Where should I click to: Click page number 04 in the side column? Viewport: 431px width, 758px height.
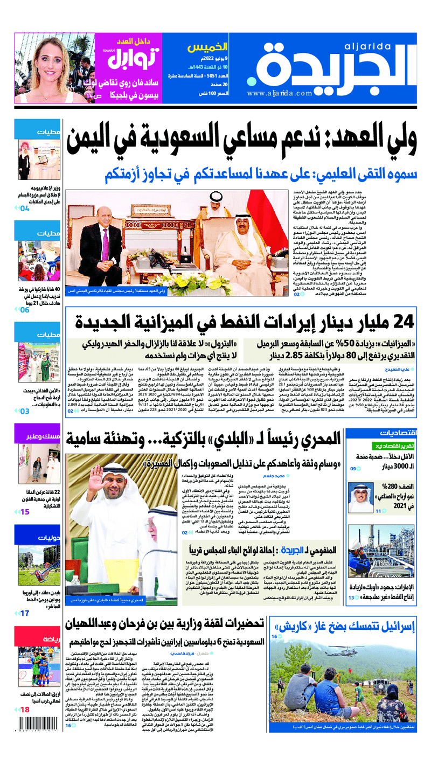(x=25, y=208)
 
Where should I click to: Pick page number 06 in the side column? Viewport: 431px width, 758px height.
(x=25, y=310)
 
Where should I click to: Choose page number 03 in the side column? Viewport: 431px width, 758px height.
(x=25, y=411)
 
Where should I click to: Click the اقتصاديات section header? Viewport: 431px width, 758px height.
(x=398, y=433)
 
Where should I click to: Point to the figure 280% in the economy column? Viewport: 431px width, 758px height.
(x=393, y=484)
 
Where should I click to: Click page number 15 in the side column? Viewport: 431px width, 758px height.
(x=25, y=512)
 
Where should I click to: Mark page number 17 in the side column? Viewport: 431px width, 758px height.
(x=25, y=613)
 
